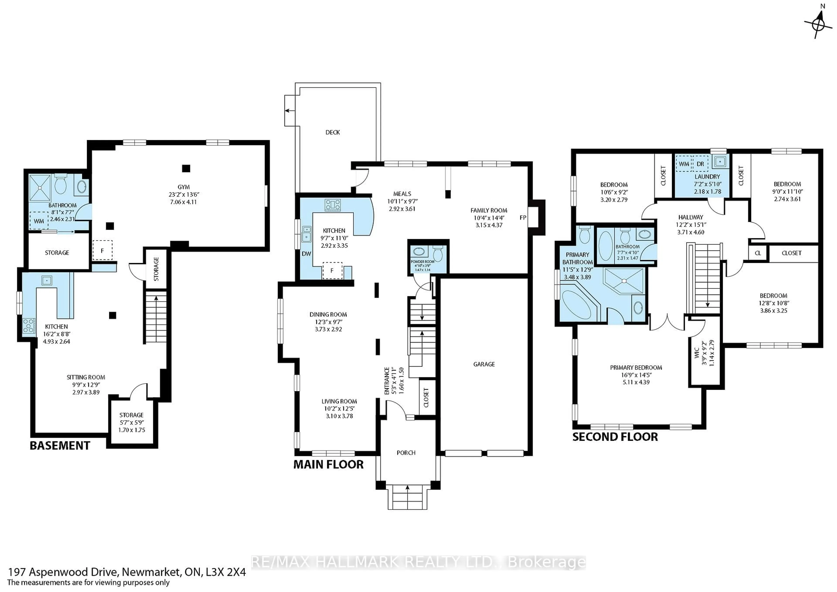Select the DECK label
coord(332,132)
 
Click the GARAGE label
coord(484,364)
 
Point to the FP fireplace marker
coord(523,218)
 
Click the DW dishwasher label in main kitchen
coord(306,254)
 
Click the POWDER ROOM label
coord(422,262)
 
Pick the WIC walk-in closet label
coord(696,353)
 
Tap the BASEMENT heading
coord(60,446)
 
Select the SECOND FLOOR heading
coord(615,437)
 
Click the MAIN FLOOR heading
coord(328,464)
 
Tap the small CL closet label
coord(758,253)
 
